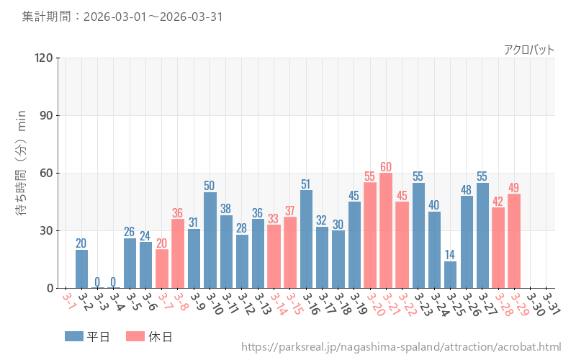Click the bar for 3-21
pos(386,230)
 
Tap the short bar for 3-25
pos(450,275)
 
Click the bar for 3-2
pos(82,269)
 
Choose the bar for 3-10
pos(210,240)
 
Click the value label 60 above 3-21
pos(386,167)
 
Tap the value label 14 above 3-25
pos(450,255)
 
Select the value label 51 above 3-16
pos(306,184)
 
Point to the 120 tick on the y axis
pos(43,58)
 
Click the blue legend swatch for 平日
pos(74,336)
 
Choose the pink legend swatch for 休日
pos(135,336)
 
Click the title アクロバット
pos(529,50)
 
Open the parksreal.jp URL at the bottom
pos(401,348)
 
